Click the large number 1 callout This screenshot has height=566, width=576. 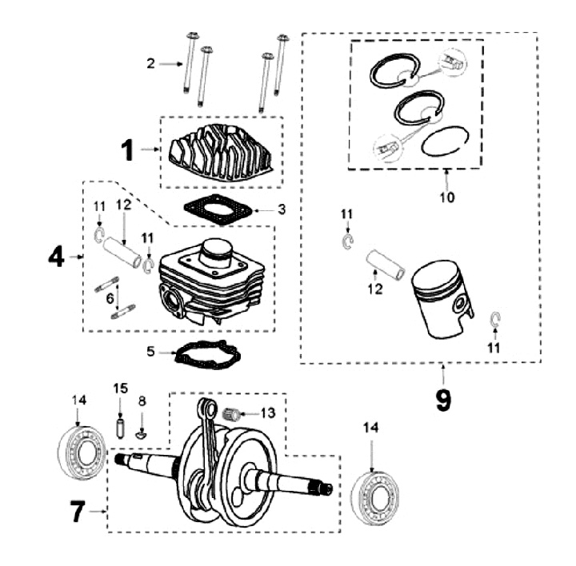point(127,150)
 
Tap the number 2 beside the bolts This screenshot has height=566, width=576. point(150,63)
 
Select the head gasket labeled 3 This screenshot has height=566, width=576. point(218,210)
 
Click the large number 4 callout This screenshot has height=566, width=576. point(56,257)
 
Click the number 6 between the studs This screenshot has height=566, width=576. point(110,299)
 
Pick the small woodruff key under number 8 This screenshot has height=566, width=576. point(141,435)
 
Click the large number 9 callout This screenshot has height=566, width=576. point(443,400)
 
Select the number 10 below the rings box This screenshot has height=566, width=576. point(447,197)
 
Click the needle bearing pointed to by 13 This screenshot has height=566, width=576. point(231,413)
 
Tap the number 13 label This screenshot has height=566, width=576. point(268,413)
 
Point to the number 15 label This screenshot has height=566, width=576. point(120,388)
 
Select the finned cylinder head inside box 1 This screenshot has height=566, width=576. point(221,152)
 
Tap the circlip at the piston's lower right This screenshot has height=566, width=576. point(496,319)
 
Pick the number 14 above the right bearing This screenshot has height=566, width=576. point(370,427)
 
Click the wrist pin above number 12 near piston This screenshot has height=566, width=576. point(385,264)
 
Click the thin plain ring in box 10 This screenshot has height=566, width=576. point(445,141)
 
